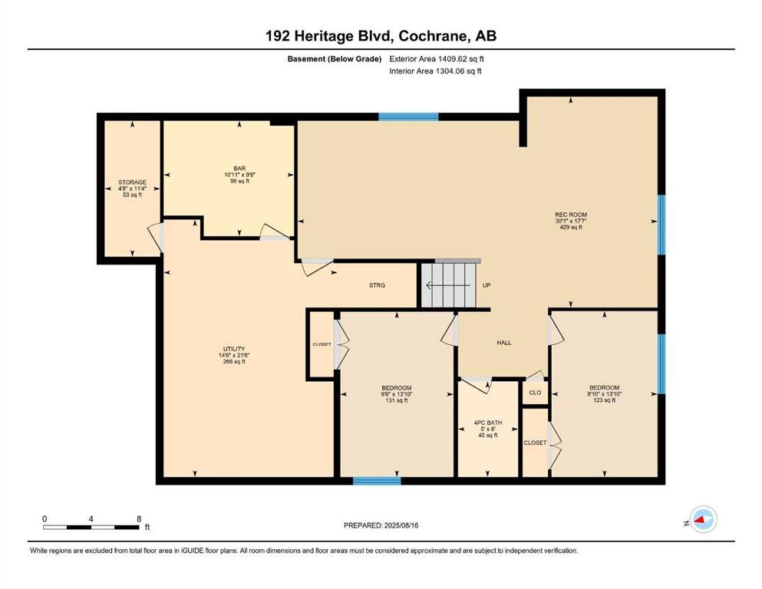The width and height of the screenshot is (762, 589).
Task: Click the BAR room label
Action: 239,169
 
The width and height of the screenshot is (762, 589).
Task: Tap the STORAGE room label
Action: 132,182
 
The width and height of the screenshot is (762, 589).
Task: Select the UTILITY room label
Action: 234,349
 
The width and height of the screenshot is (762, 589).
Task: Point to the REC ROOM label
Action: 571,215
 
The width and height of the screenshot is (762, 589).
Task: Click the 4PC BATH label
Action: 488,423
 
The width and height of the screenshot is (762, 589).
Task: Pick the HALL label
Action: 504,342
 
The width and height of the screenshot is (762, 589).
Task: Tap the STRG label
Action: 377,285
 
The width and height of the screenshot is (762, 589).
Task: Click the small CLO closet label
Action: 535,393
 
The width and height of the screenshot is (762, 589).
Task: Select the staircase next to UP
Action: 450,285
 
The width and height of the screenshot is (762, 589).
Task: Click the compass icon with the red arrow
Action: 703,519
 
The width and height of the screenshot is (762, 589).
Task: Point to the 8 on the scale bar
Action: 139,518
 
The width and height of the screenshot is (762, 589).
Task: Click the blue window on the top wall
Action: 409,117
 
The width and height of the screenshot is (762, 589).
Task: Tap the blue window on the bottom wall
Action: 377,481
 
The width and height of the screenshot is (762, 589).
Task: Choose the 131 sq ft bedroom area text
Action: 397,400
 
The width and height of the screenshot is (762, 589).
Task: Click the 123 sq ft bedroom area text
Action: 605,400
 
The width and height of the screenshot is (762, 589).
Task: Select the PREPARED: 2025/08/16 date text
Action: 381,525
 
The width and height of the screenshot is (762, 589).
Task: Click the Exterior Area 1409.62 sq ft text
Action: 437,59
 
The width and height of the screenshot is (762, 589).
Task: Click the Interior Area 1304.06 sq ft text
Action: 435,71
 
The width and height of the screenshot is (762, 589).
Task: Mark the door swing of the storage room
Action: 157,238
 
